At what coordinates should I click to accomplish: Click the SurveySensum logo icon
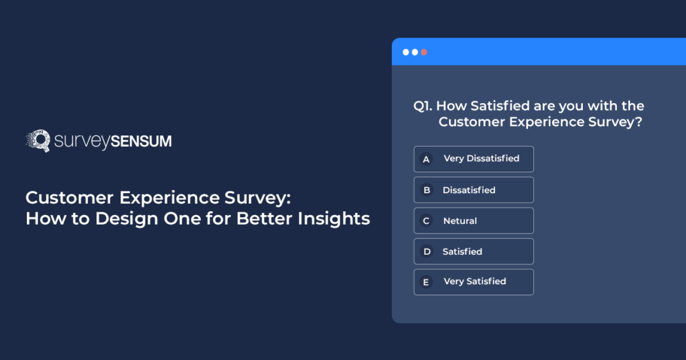coord(38,141)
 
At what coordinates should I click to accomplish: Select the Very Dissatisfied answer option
coord(474,159)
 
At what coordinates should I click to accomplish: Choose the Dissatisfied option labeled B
coord(474,190)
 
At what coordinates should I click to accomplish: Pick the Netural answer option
coord(474,221)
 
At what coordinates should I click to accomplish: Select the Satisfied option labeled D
coord(474,251)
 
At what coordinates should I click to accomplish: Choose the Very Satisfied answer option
coord(474,282)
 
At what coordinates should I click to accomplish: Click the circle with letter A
coord(425,160)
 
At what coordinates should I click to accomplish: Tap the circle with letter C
coord(425,221)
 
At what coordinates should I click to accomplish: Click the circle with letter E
coord(425,282)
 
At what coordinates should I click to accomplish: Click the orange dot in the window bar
coord(424,52)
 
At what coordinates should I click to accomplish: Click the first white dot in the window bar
coord(405,52)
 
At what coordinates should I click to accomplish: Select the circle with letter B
coord(425,190)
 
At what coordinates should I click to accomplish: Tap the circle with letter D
coord(425,251)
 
